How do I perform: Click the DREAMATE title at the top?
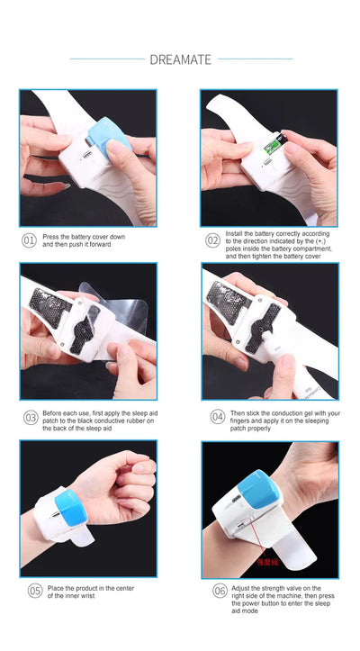(x=180, y=59)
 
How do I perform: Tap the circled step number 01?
(x=29, y=240)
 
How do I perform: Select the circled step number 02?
(x=212, y=240)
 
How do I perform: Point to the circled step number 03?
(x=31, y=418)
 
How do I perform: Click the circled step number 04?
(x=218, y=417)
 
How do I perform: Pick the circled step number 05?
(x=35, y=592)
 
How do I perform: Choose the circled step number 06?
(x=220, y=592)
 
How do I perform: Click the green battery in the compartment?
(x=273, y=146)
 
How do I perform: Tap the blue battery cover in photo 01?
(x=110, y=137)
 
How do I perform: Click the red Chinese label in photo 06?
(x=267, y=563)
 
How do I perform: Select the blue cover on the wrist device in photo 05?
(x=70, y=507)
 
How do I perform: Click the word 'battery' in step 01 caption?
(x=81, y=237)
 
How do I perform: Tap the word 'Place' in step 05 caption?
(x=55, y=588)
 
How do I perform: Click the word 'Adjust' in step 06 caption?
(x=240, y=588)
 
